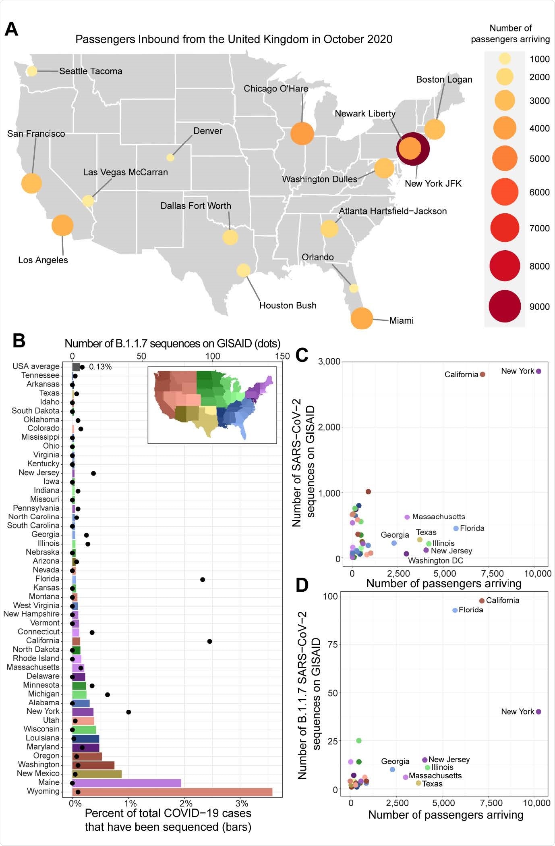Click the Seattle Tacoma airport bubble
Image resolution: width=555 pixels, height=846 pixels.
point(32,71)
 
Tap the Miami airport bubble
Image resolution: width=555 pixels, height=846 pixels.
point(362,318)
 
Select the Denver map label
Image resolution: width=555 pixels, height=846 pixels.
point(208,131)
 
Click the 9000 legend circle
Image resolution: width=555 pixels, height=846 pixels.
point(505,306)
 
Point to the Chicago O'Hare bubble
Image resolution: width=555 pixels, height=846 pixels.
point(302,133)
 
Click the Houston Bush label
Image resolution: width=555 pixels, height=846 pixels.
point(288,306)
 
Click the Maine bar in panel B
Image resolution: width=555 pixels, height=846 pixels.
point(126,783)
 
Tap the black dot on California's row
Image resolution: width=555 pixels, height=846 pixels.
point(209,641)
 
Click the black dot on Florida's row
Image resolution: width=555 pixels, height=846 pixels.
point(203,580)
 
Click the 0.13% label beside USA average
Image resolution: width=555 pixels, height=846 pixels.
point(100,367)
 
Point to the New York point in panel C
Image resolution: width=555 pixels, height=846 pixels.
point(538,371)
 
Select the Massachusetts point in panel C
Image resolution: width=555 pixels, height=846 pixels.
point(407,517)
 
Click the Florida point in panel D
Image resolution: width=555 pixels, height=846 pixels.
point(455,610)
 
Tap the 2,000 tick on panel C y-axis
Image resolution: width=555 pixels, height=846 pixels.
point(329,427)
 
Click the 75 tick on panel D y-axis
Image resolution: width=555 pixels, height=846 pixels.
point(333,644)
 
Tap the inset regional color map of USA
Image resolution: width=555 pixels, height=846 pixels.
point(212,405)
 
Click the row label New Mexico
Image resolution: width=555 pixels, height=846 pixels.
point(38,773)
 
